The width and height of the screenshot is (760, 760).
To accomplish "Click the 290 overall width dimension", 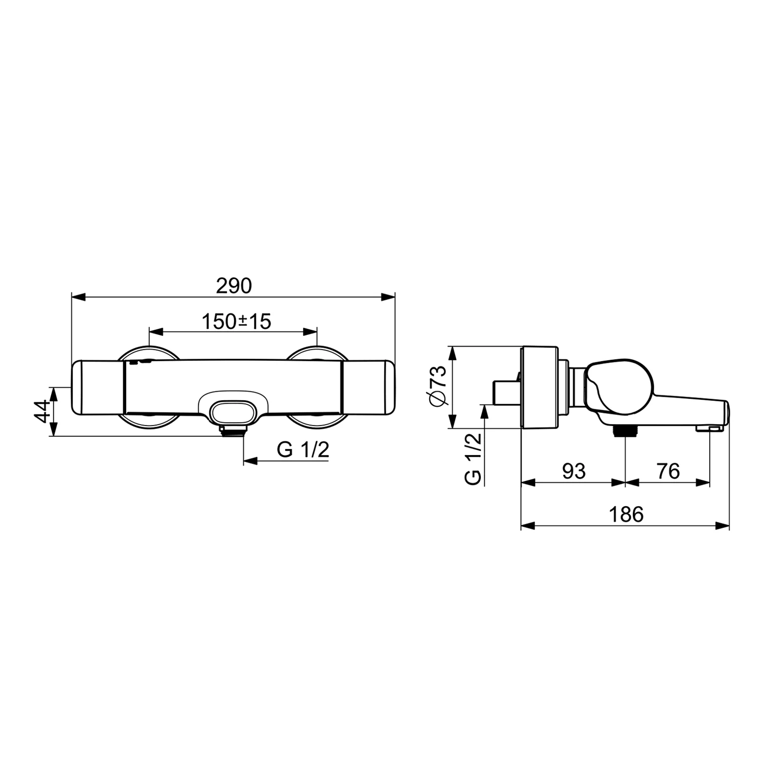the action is coord(234,286).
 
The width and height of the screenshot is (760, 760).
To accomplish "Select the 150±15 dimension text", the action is coord(237,321).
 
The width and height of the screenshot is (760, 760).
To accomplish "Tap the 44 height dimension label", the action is coord(43,411).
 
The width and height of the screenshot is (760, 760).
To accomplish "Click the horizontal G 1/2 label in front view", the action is coord(303,449).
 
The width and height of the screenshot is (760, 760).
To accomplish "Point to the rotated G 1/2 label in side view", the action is coord(473,459).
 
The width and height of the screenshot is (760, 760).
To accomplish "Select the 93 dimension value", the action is coord(574,471).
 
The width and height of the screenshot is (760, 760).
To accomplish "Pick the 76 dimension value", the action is coord(668,471).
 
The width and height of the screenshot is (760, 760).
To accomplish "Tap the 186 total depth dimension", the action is coord(626,514).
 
